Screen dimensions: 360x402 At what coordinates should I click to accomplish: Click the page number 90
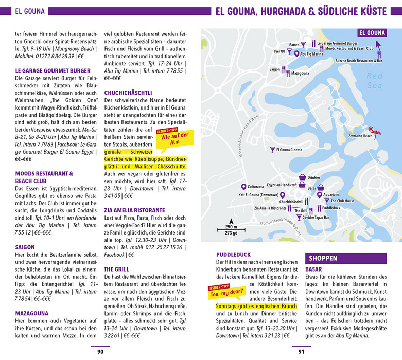(100, 352)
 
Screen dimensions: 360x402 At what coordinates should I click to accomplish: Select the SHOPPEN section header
(322, 258)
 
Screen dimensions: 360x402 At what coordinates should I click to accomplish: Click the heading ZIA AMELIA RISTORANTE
(134, 210)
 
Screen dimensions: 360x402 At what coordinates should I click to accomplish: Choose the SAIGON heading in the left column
(25, 247)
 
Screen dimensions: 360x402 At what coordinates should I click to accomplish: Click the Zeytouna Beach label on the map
(360, 136)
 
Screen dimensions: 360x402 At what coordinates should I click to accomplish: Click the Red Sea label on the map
(375, 81)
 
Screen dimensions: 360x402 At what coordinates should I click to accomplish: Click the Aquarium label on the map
(331, 195)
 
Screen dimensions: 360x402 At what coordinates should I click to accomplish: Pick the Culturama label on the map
(255, 186)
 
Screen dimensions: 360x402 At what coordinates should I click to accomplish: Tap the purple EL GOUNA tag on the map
(372, 33)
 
